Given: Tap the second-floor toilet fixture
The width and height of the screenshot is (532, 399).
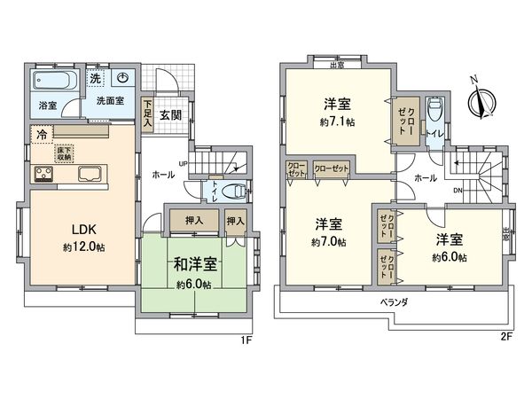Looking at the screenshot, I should click(434, 113).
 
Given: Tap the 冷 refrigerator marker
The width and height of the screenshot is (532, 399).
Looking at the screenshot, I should click(42, 135).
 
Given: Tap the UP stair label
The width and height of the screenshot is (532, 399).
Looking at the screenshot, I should click(183, 163).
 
